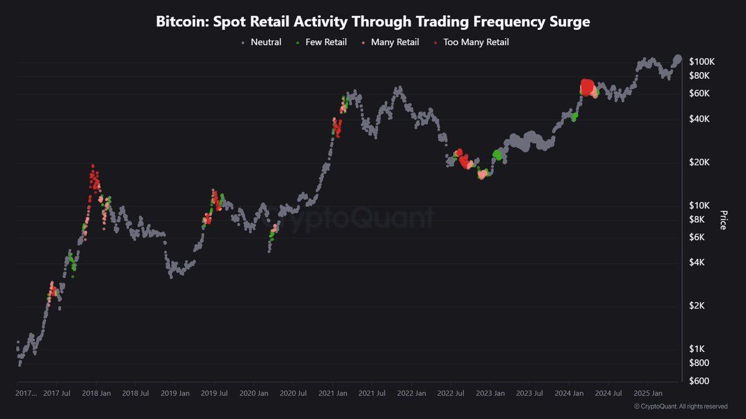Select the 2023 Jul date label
tap(529, 393)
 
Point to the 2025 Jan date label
tap(647, 393)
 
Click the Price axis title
tap(723, 220)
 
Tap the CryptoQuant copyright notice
tap(680, 407)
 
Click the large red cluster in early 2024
tap(587, 86)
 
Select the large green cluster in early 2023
tap(497, 155)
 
